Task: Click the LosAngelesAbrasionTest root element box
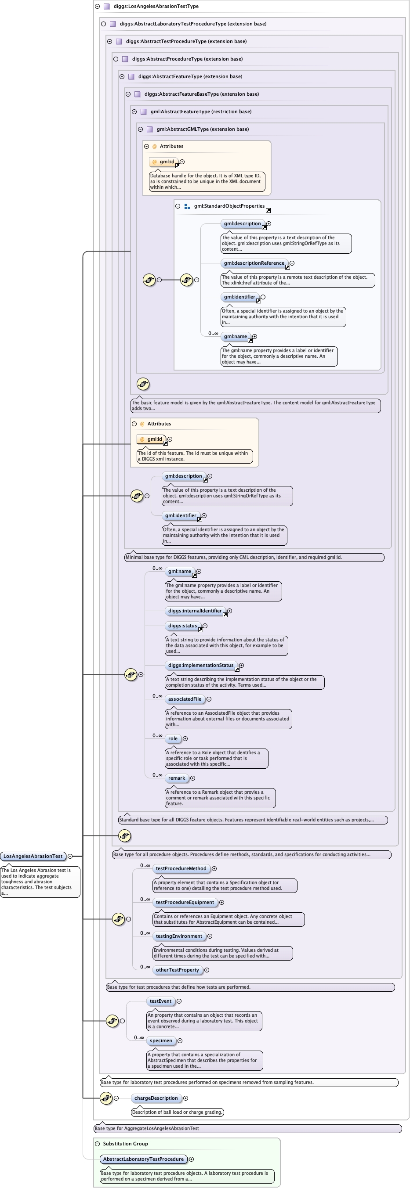(33, 857)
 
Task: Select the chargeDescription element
(156, 1098)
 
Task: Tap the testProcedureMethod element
(181, 868)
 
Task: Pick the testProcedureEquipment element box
(185, 902)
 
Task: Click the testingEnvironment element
(179, 936)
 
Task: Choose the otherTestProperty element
(177, 970)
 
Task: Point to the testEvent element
(160, 1001)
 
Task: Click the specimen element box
(161, 1040)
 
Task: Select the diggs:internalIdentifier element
(195, 611)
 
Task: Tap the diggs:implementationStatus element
(201, 665)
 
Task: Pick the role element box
(173, 738)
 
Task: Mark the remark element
(176, 778)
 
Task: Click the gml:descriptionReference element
(254, 263)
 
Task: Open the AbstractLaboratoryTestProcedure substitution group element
(143, 1159)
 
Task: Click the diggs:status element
(182, 626)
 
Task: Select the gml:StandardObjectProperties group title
(229, 206)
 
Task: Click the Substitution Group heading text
(125, 1144)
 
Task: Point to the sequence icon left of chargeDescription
(106, 1098)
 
